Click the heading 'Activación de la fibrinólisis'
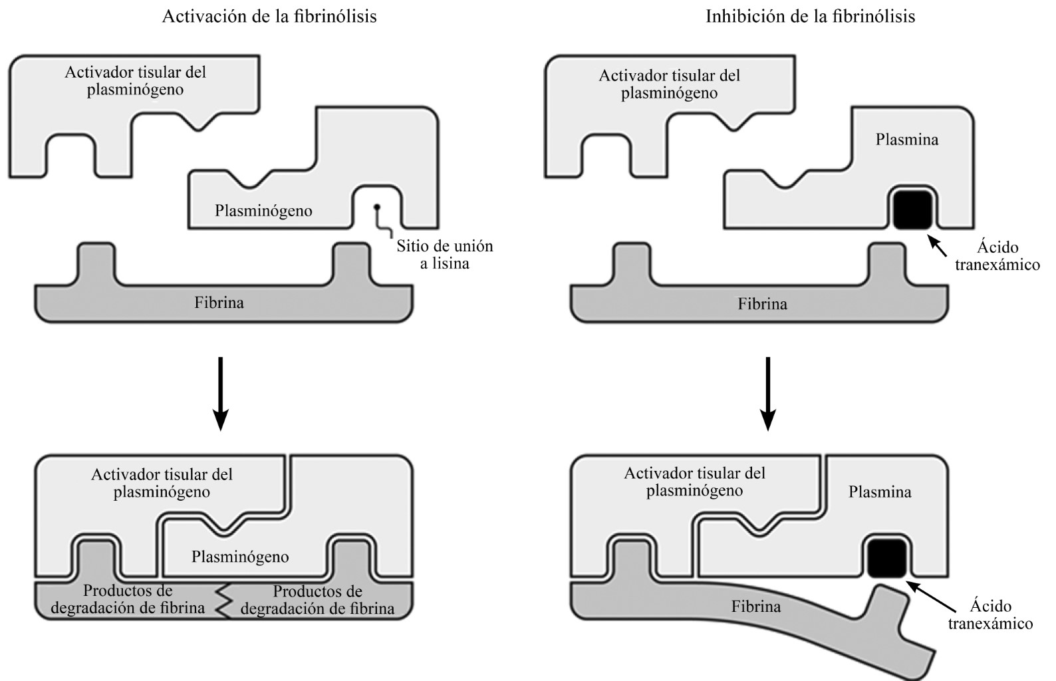click(x=269, y=16)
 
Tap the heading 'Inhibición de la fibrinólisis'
click(x=810, y=16)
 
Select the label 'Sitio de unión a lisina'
click(x=445, y=255)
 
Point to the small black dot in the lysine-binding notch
click(x=377, y=207)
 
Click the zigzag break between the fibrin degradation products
click(x=223, y=600)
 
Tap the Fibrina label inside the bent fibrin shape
click(x=756, y=607)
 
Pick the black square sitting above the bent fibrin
click(x=888, y=557)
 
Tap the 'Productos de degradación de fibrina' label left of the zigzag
click(x=128, y=599)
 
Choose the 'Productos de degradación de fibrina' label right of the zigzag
click(x=318, y=600)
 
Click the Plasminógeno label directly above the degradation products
click(x=240, y=557)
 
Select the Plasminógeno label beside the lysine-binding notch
click(x=263, y=211)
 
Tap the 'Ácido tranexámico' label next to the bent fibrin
click(x=990, y=614)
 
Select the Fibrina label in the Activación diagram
click(x=219, y=303)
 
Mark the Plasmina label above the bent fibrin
click(x=880, y=492)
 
